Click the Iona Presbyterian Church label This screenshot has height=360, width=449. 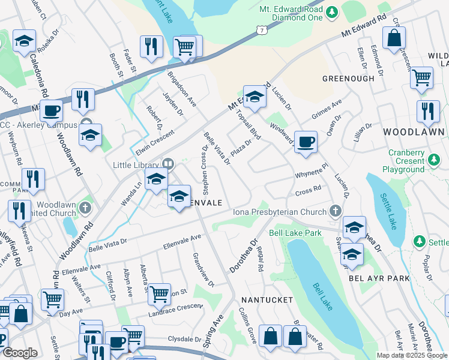click(280, 211)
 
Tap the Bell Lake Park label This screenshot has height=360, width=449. click(292, 232)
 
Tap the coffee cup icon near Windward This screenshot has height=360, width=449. click(306, 142)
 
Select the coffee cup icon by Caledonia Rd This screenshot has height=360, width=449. click(51, 110)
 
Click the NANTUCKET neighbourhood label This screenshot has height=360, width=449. click(267, 299)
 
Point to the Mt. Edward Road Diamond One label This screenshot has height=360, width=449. click(290, 14)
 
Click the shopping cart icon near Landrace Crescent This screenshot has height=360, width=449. click(159, 294)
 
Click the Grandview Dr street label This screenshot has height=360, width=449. click(203, 269)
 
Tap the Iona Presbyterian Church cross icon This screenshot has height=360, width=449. click(335, 211)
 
